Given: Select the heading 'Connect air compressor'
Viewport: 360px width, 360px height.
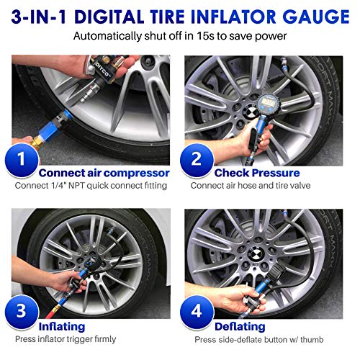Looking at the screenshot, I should click(x=104, y=173).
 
